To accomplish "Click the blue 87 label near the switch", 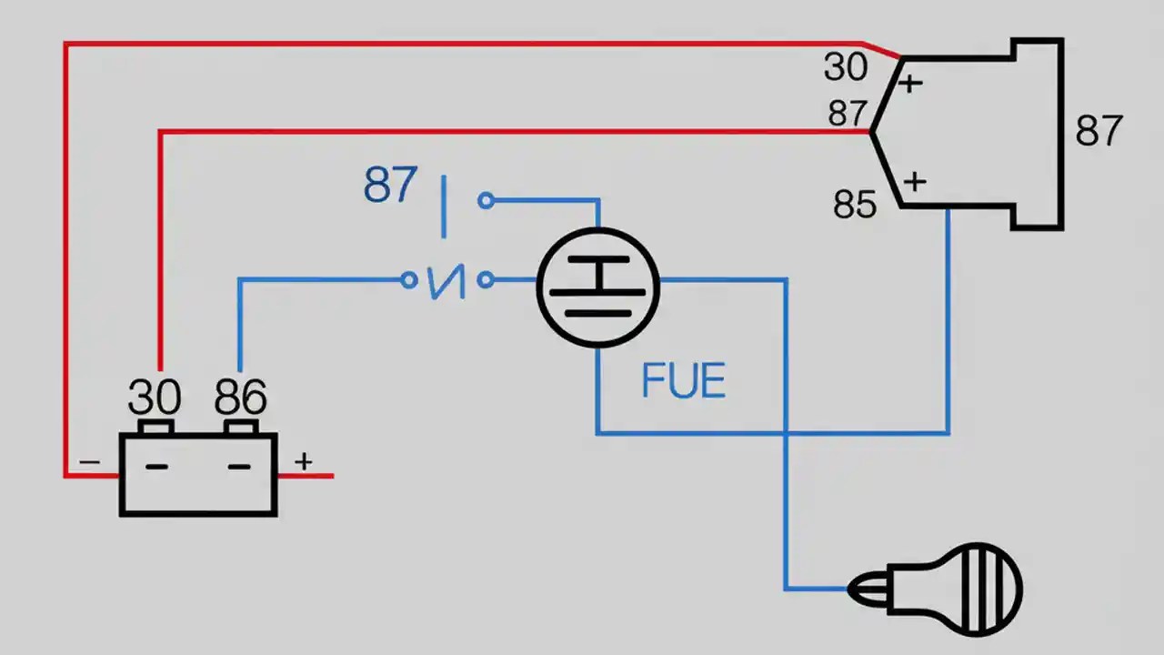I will pyautogui.click(x=391, y=186).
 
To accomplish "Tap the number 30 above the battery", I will pyautogui.click(x=155, y=398).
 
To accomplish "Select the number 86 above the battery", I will pyautogui.click(x=241, y=398).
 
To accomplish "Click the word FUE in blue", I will pyautogui.click(x=683, y=381).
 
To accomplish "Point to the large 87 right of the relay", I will pyautogui.click(x=1099, y=131).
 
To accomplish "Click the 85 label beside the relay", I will pyautogui.click(x=855, y=206).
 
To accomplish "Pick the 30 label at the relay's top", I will pyautogui.click(x=846, y=67).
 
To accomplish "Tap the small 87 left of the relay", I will pyautogui.click(x=848, y=115).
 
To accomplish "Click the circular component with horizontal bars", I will pyautogui.click(x=597, y=287).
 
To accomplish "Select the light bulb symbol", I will pyautogui.click(x=937, y=589).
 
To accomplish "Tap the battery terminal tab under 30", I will pyautogui.click(x=156, y=428).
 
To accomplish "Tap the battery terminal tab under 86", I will pyautogui.click(x=241, y=428).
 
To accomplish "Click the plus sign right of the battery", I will pyautogui.click(x=303, y=461).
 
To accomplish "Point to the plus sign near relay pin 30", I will pyautogui.click(x=909, y=84).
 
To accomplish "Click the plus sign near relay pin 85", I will pyautogui.click(x=914, y=181).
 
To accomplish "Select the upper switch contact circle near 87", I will pyautogui.click(x=487, y=200).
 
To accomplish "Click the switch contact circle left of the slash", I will pyautogui.click(x=409, y=280).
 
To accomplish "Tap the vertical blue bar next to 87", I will pyautogui.click(x=444, y=207).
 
